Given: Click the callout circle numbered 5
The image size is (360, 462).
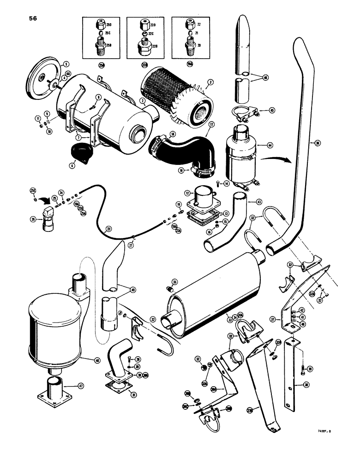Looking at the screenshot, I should click(x=53, y=64).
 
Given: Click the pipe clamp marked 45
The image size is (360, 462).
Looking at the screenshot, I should click(x=239, y=110).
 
